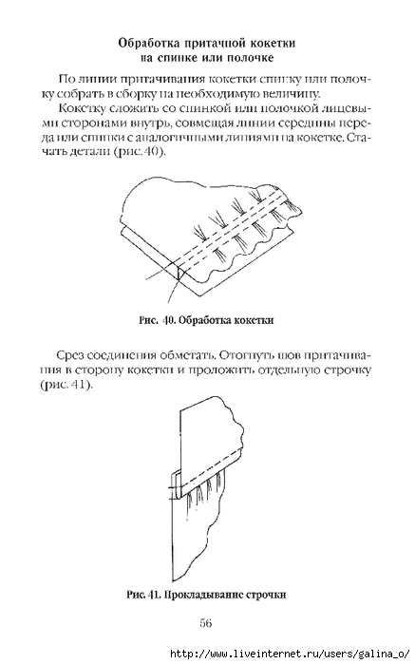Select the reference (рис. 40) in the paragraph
click(139, 152)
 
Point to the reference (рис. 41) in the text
click(66, 386)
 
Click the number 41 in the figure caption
click(153, 595)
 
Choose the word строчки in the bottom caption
click(265, 595)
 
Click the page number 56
click(205, 623)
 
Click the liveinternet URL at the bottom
click(288, 654)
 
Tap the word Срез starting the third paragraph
click(69, 354)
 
